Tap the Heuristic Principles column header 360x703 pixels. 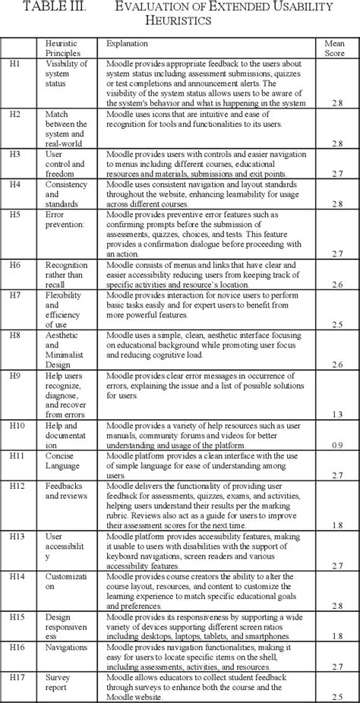coord(62,50)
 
